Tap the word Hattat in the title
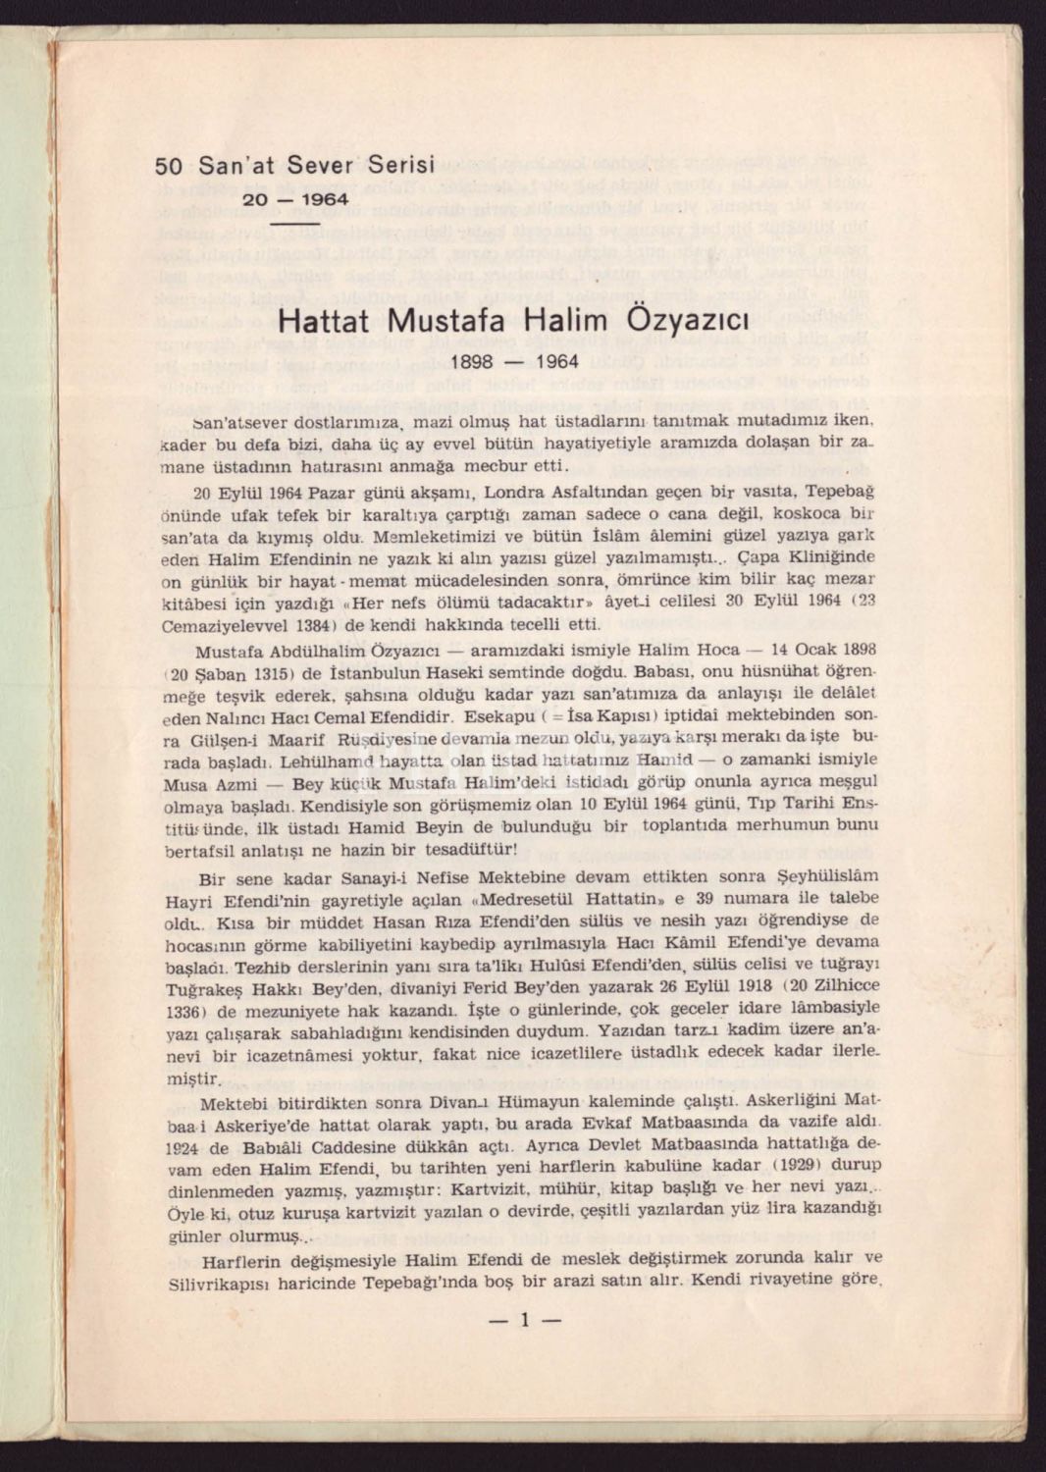tap(327, 322)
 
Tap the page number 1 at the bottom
tap(524, 1320)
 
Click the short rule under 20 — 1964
tap(295, 223)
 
